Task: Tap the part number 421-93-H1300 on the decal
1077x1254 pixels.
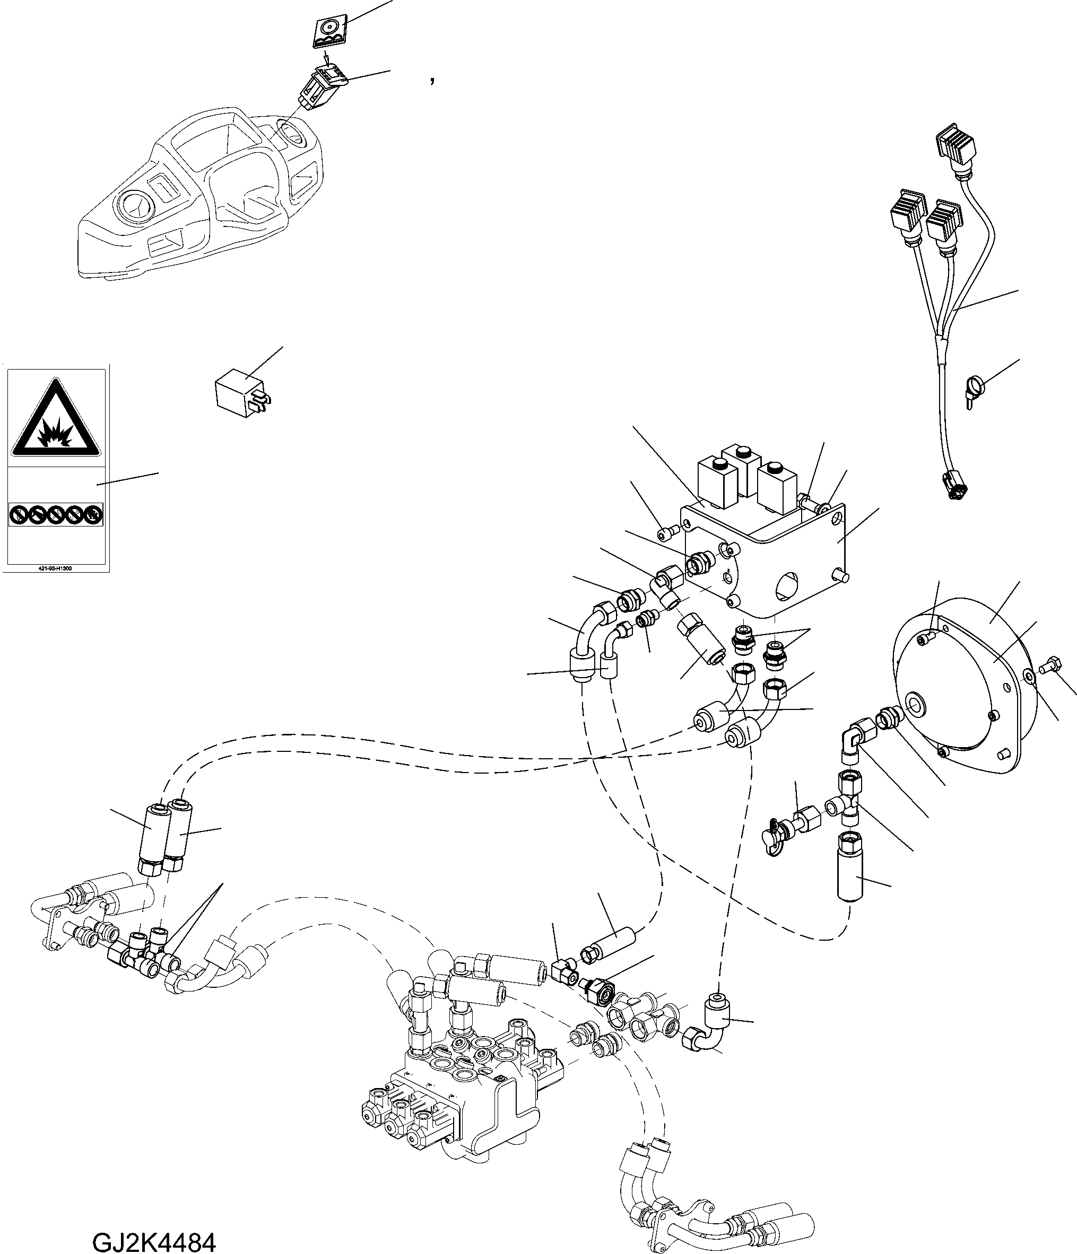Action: [55, 568]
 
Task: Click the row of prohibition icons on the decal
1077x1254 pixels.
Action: [55, 515]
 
